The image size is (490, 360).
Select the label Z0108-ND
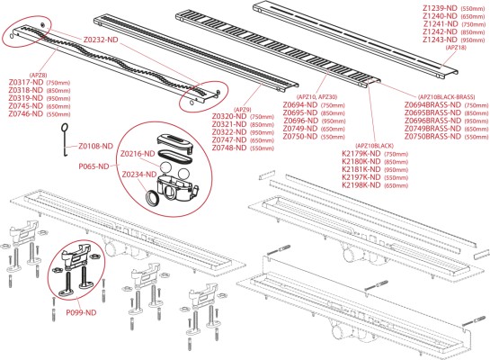[x=95, y=146]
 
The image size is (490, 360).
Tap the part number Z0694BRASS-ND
[x=432, y=105]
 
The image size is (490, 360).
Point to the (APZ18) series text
[x=457, y=48]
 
